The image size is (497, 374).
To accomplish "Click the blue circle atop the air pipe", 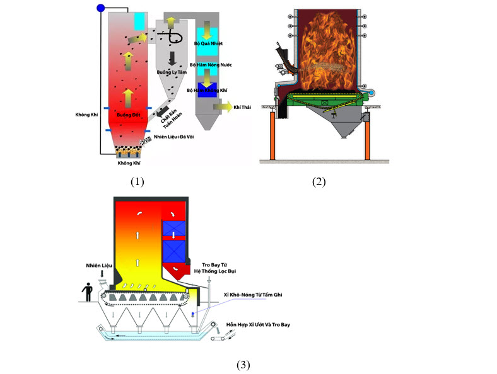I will coord(101,8).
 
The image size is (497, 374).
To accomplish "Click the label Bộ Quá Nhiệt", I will coord(208,43).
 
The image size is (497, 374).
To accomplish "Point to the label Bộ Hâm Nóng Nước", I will coord(209,65).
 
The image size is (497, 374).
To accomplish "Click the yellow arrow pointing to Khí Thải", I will coord(222,107).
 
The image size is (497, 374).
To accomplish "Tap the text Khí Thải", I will coord(243,108).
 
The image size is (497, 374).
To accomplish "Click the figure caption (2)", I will coord(319,182).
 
